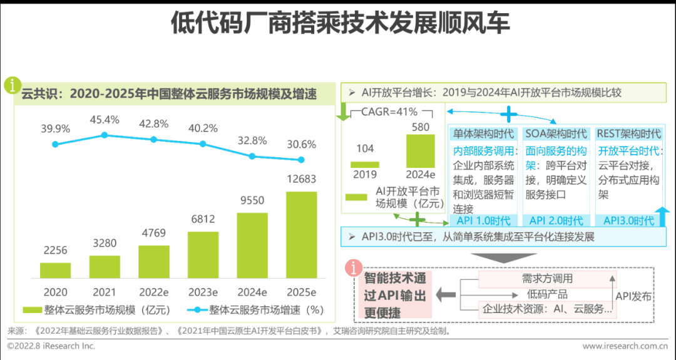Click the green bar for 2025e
pyautogui.click(x=301, y=235)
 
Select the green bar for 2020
pyautogui.click(x=55, y=270)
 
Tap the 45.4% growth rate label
pyautogui.click(x=105, y=119)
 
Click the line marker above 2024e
pyautogui.click(x=252, y=156)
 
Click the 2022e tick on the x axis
pyautogui.click(x=153, y=292)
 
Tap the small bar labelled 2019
pyautogui.click(x=364, y=165)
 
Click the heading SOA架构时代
pyautogui.click(x=556, y=133)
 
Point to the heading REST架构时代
pyautogui.click(x=628, y=133)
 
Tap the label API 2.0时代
pyautogui.click(x=556, y=220)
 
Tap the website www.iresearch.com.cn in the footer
pyautogui.click(x=624, y=346)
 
